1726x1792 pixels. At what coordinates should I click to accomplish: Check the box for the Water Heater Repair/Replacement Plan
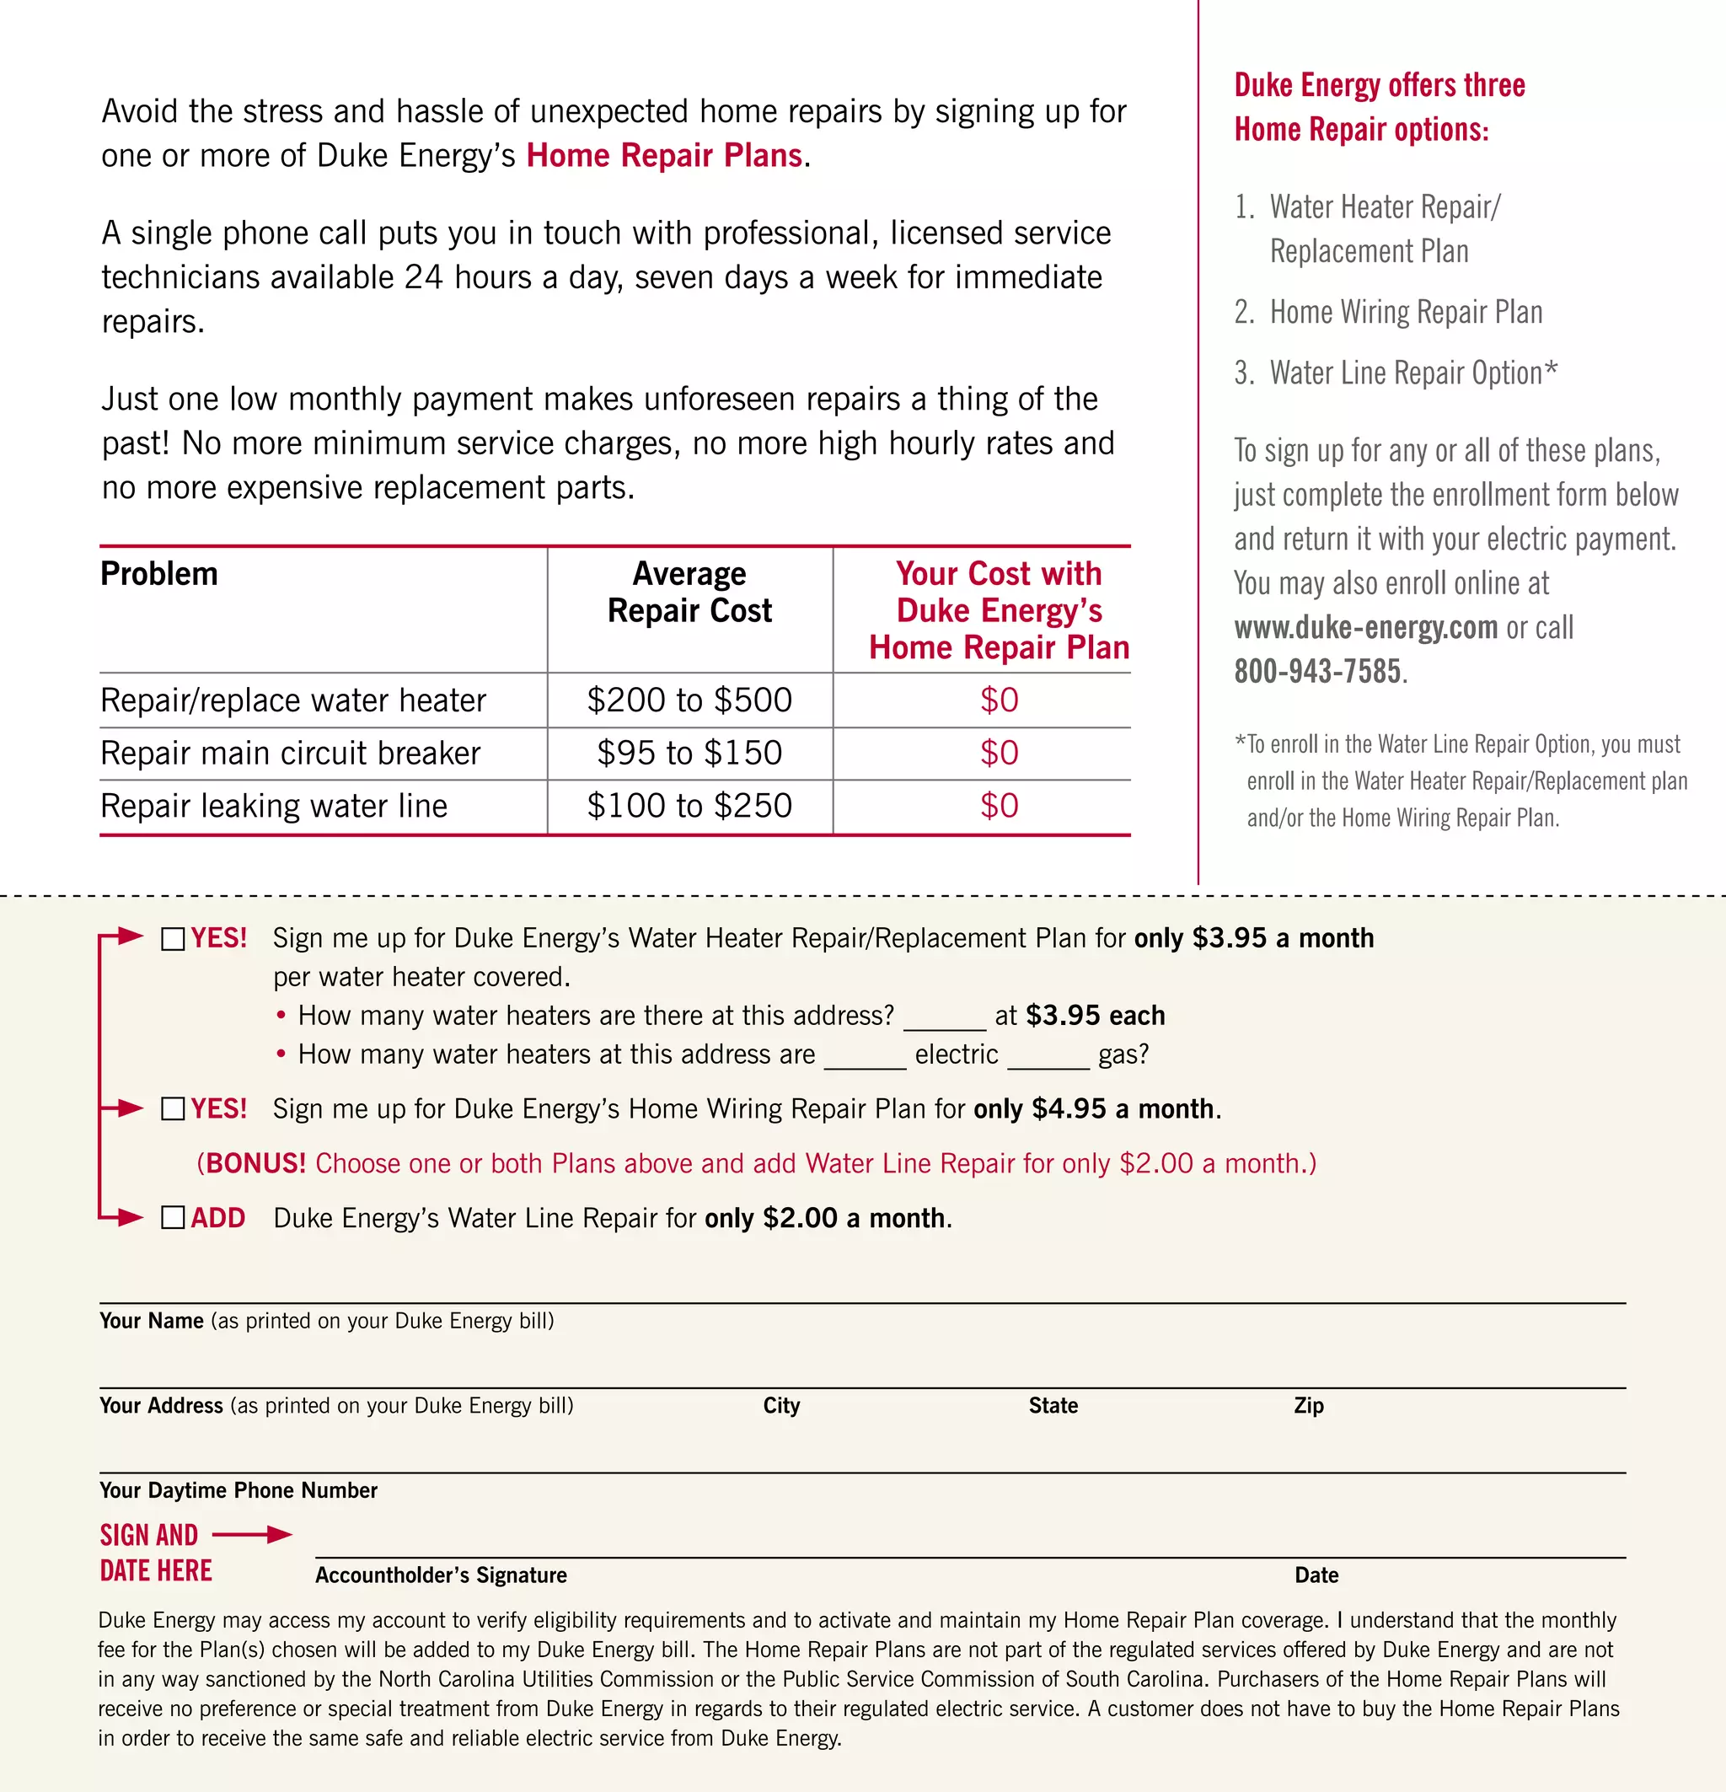pyautogui.click(x=173, y=939)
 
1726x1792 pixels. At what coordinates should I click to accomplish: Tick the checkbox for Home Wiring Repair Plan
pyautogui.click(x=173, y=1109)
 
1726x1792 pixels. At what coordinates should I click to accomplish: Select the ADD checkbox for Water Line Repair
pyautogui.click(x=173, y=1218)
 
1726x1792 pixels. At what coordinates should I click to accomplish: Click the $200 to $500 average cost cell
pyautogui.click(x=689, y=700)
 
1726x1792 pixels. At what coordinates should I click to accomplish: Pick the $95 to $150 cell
pyautogui.click(x=689, y=754)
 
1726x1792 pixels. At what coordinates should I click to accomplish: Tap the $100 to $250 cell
pyautogui.click(x=689, y=807)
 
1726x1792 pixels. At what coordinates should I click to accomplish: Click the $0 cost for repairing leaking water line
pyautogui.click(x=1000, y=807)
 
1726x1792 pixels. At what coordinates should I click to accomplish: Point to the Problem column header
pyautogui.click(x=159, y=574)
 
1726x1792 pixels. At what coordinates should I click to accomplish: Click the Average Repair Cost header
pyautogui.click(x=689, y=593)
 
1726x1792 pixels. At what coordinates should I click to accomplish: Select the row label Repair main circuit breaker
pyautogui.click(x=290, y=754)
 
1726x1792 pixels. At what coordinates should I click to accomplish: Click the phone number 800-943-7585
pyautogui.click(x=1317, y=672)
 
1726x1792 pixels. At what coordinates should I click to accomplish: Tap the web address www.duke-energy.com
pyautogui.click(x=1366, y=628)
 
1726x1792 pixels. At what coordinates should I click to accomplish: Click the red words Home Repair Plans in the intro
pyautogui.click(x=665, y=156)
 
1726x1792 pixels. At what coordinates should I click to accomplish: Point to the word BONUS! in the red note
pyautogui.click(x=256, y=1164)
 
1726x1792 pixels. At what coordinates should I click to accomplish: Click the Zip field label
pyautogui.click(x=1308, y=1406)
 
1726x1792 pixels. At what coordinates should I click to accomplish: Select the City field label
pyautogui.click(x=781, y=1406)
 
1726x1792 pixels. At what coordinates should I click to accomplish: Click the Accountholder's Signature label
pyautogui.click(x=441, y=1575)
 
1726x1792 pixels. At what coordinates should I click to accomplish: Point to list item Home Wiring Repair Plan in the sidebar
pyautogui.click(x=1405, y=313)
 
